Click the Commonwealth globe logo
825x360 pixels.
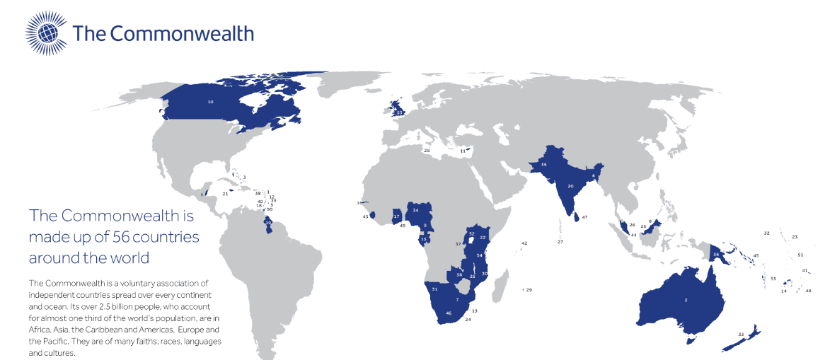(x=47, y=33)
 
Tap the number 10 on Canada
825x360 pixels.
(x=210, y=102)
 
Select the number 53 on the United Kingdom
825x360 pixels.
(x=399, y=112)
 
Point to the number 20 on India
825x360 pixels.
(x=570, y=186)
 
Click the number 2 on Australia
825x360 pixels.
(x=685, y=301)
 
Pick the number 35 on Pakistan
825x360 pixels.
(x=543, y=164)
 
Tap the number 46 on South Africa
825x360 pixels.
(x=448, y=313)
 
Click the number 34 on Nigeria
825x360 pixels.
(x=416, y=210)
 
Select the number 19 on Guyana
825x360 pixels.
(x=268, y=222)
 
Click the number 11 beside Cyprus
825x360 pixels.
(x=463, y=151)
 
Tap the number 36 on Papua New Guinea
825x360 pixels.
(x=716, y=254)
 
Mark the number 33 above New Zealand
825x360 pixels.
(x=741, y=334)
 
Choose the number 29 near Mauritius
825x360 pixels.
(x=529, y=290)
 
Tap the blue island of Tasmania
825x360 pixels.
(x=691, y=340)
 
